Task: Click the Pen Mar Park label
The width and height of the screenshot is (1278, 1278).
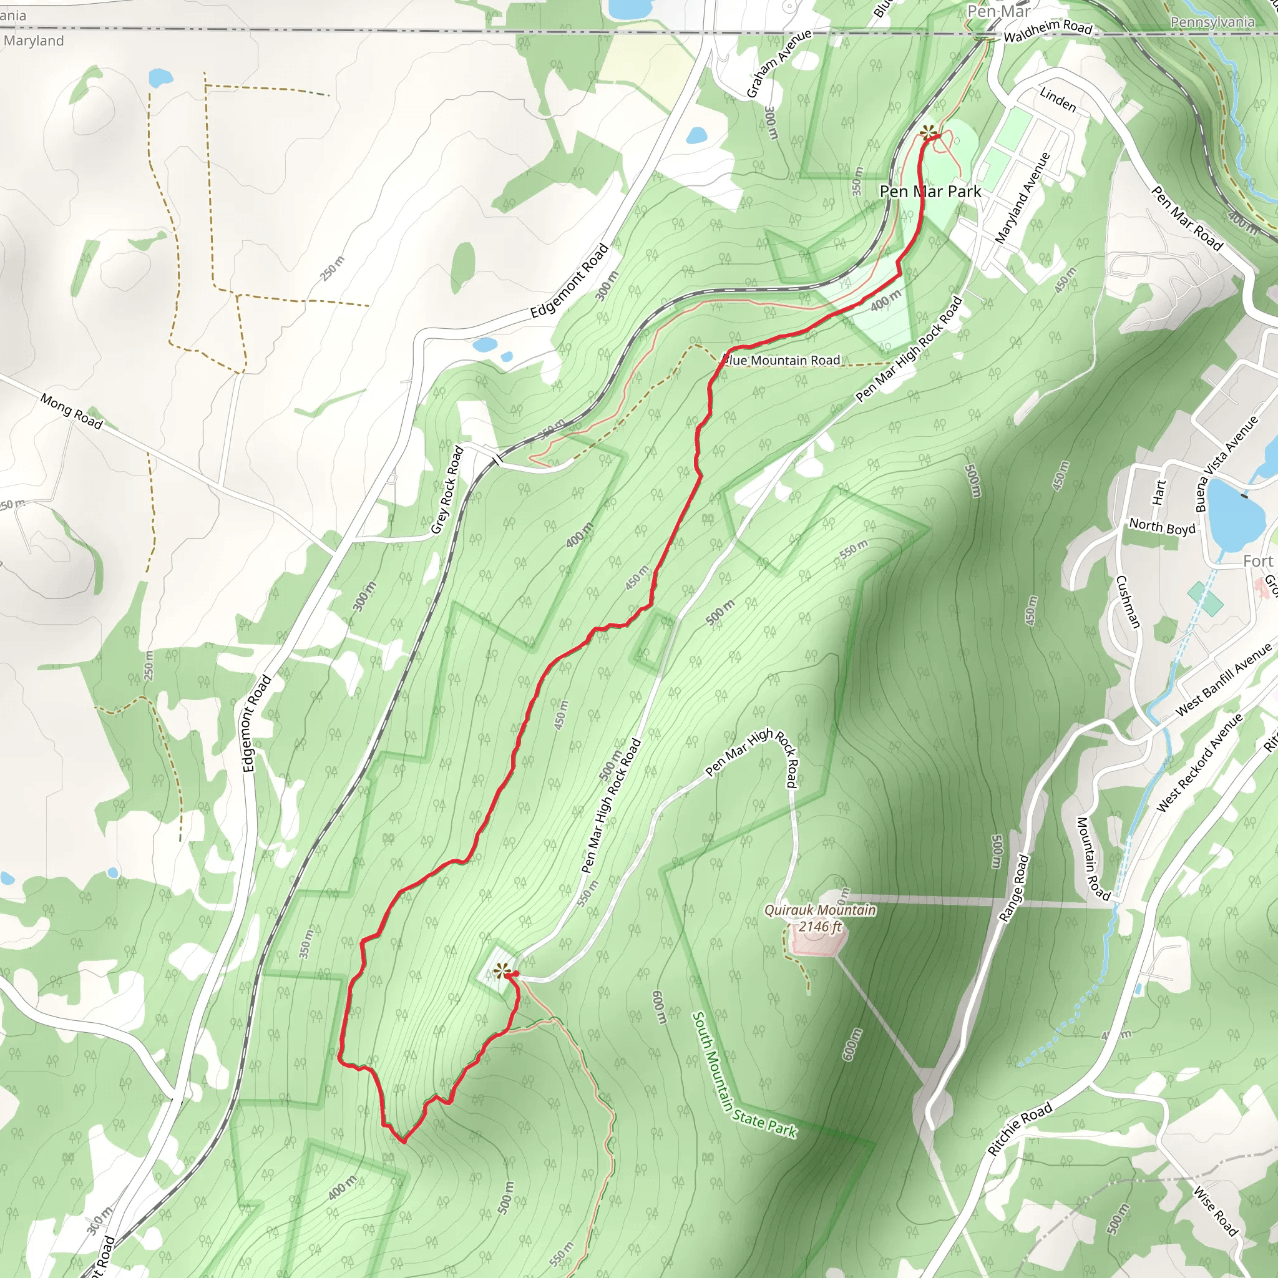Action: click(930, 192)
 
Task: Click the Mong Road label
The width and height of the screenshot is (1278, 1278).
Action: click(71, 411)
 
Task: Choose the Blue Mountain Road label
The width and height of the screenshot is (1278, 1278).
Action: click(782, 361)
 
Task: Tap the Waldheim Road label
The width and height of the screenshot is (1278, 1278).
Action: click(1048, 31)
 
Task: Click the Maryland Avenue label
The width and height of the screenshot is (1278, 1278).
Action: click(1023, 198)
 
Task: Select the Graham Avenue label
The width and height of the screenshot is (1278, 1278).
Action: click(779, 64)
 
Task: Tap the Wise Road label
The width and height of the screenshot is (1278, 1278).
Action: click(1215, 1211)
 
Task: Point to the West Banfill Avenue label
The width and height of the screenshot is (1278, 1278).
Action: click(1223, 681)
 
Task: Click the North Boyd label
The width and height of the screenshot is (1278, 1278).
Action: click(1162, 527)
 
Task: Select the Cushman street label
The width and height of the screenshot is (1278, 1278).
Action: click(1128, 602)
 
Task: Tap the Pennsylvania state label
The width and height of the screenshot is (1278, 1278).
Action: click(1212, 22)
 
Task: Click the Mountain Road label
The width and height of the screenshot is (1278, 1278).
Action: click(1093, 858)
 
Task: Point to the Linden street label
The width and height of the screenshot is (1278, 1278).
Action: click(1058, 99)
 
